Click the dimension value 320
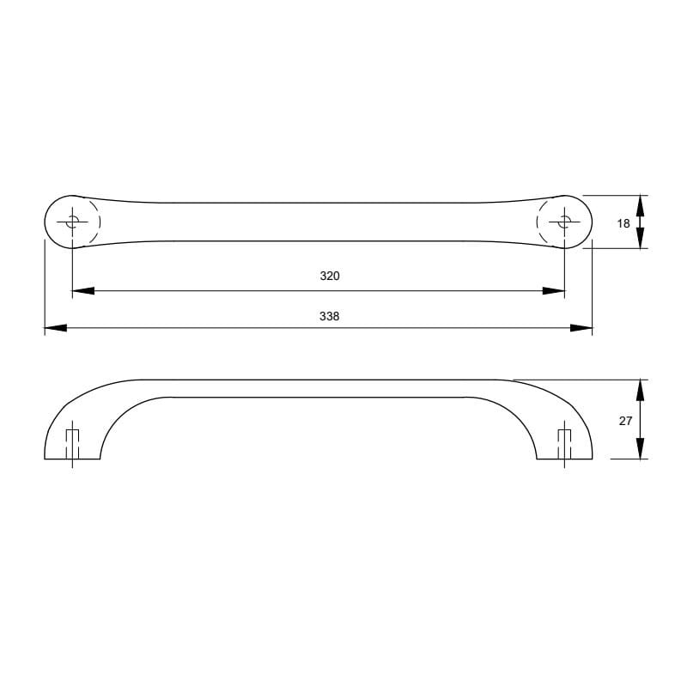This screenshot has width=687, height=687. click(330, 276)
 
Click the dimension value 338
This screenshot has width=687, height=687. click(329, 316)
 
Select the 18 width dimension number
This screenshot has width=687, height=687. click(623, 223)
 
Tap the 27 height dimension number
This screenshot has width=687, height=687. click(625, 421)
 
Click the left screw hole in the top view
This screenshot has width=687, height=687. click(72, 222)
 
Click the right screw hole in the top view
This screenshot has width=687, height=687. click(564, 222)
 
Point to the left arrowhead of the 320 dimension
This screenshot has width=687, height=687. click(83, 290)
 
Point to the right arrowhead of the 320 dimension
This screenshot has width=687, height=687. click(553, 290)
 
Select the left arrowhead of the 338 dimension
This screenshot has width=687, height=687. click(56, 328)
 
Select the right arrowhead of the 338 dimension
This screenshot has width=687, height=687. click(581, 328)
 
